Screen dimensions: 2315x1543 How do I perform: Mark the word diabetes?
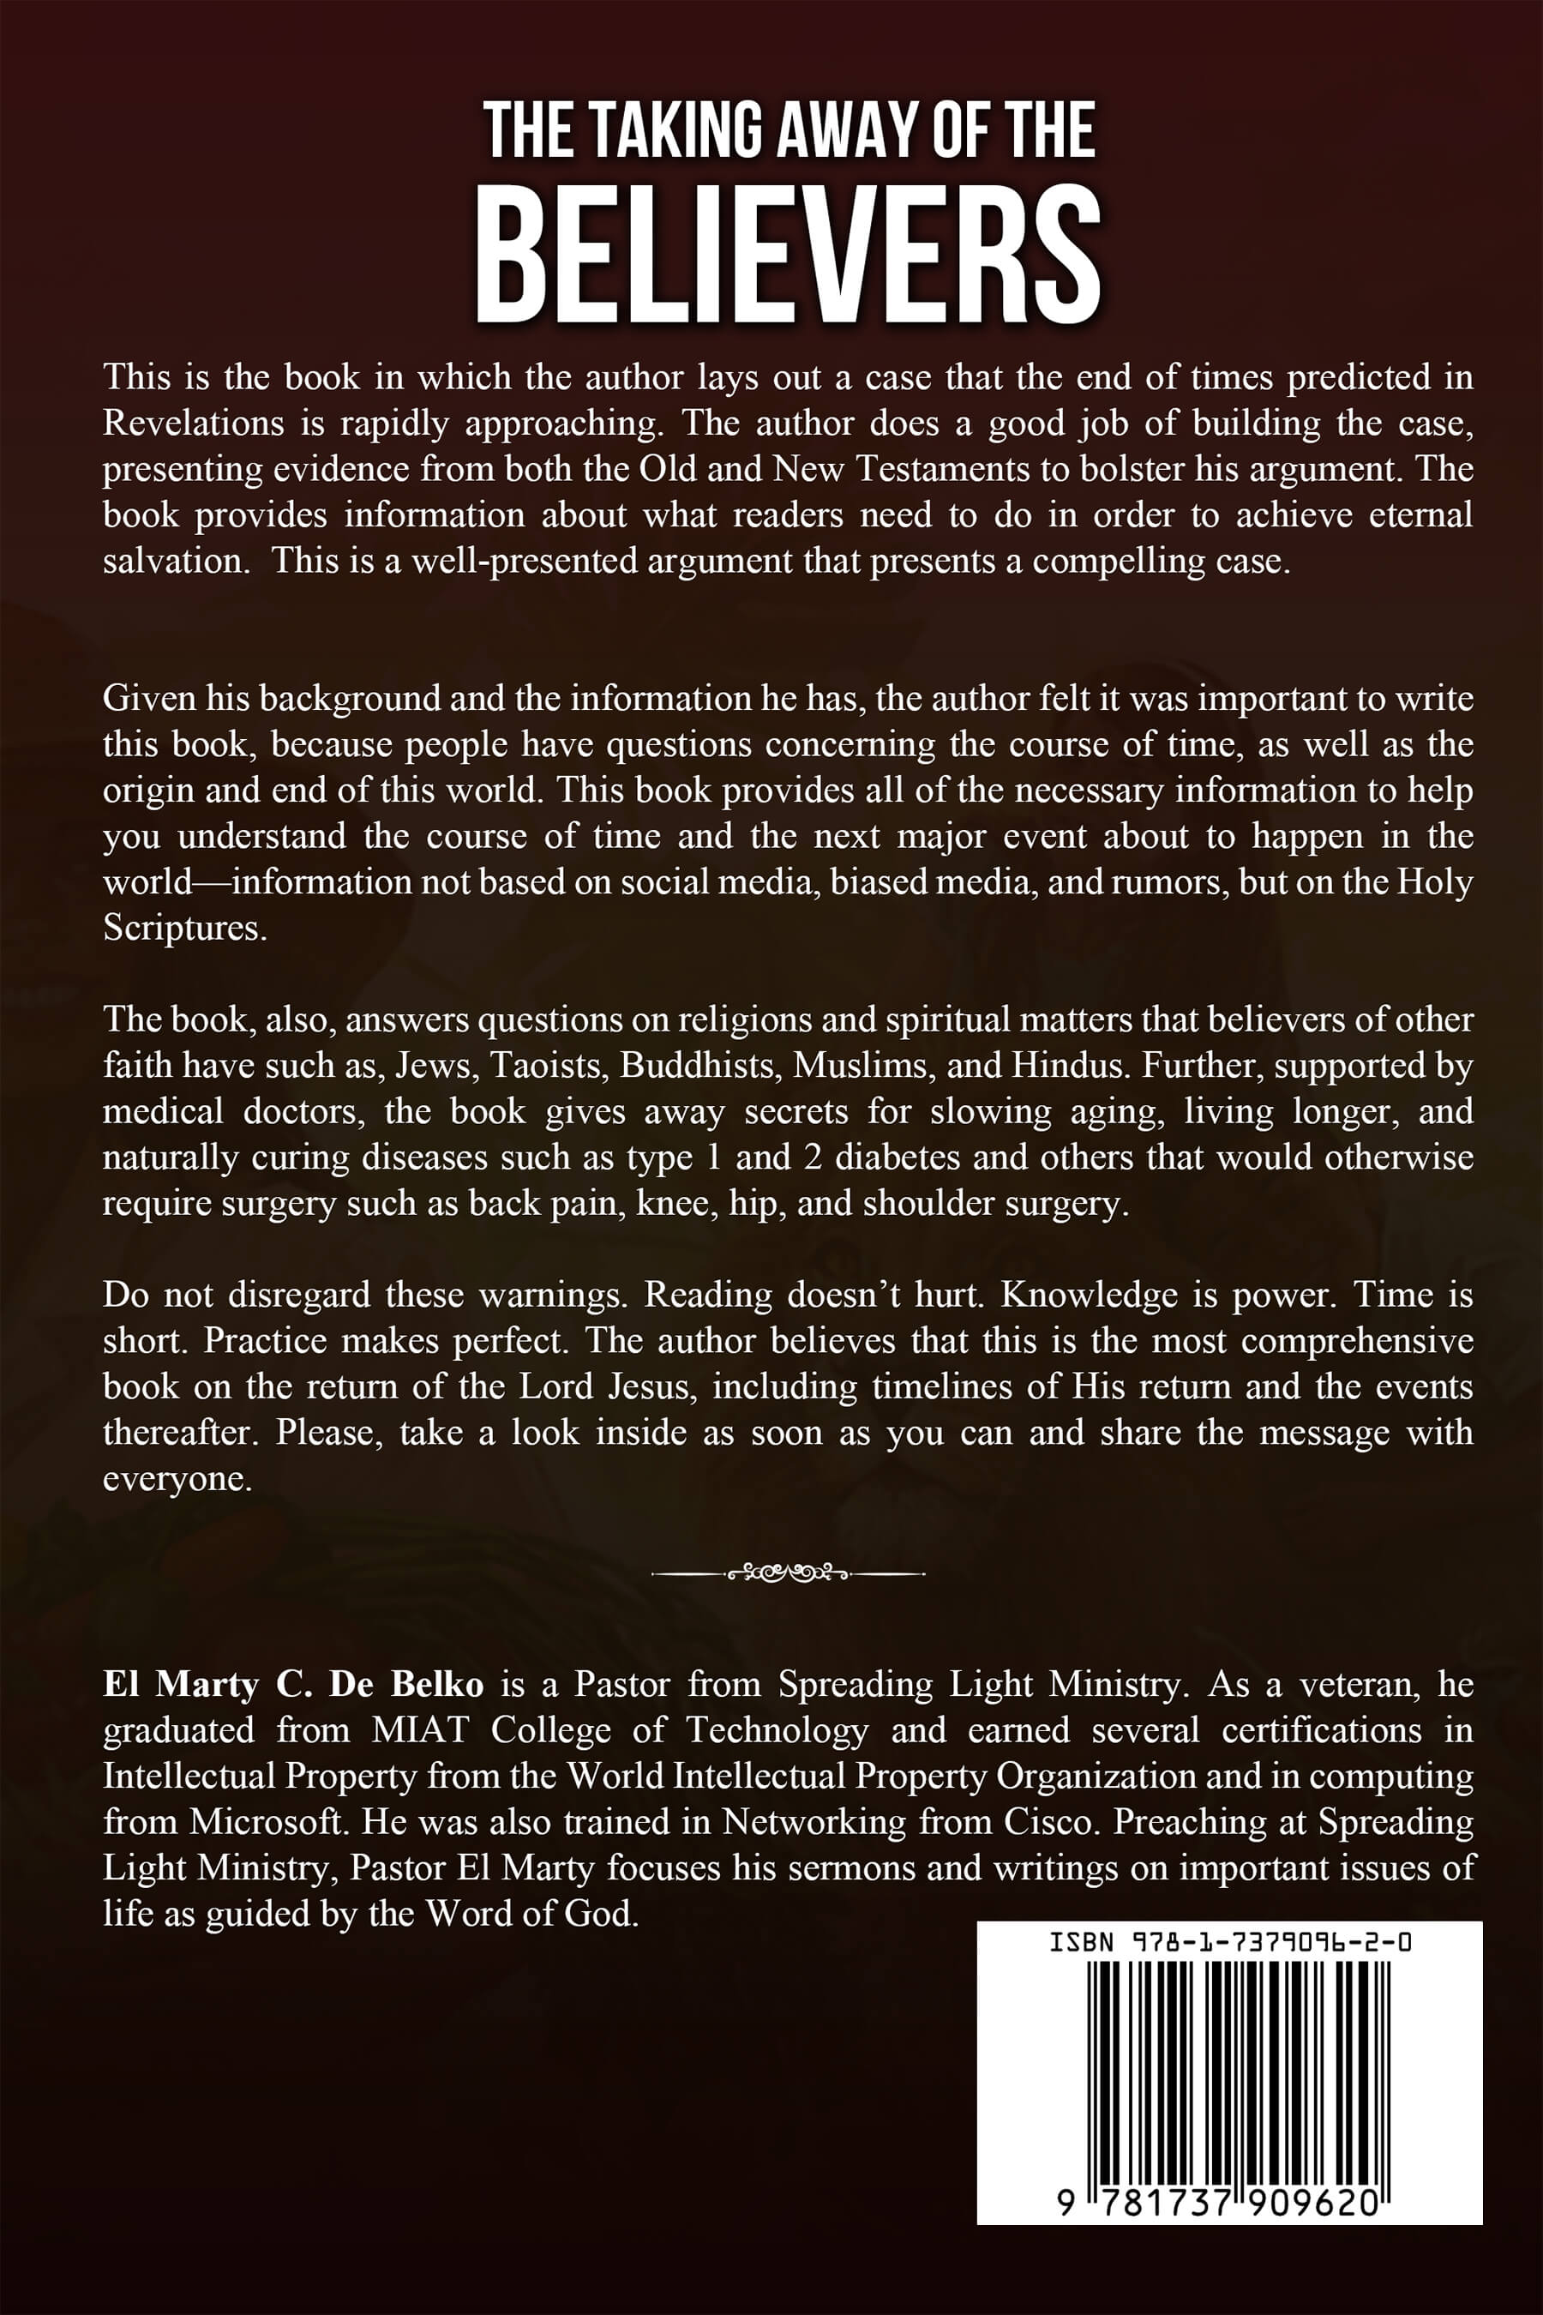pyautogui.click(x=897, y=1157)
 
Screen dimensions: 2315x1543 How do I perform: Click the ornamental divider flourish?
pyautogui.click(x=787, y=1572)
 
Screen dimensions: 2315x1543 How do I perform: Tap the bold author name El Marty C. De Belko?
pyautogui.click(x=292, y=1685)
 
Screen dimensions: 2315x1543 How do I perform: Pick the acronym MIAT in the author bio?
pyautogui.click(x=420, y=1730)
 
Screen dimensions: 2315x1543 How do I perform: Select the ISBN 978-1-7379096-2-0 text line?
pyautogui.click(x=1229, y=1943)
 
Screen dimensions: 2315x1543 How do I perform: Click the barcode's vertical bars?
pyautogui.click(x=1229, y=2047)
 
